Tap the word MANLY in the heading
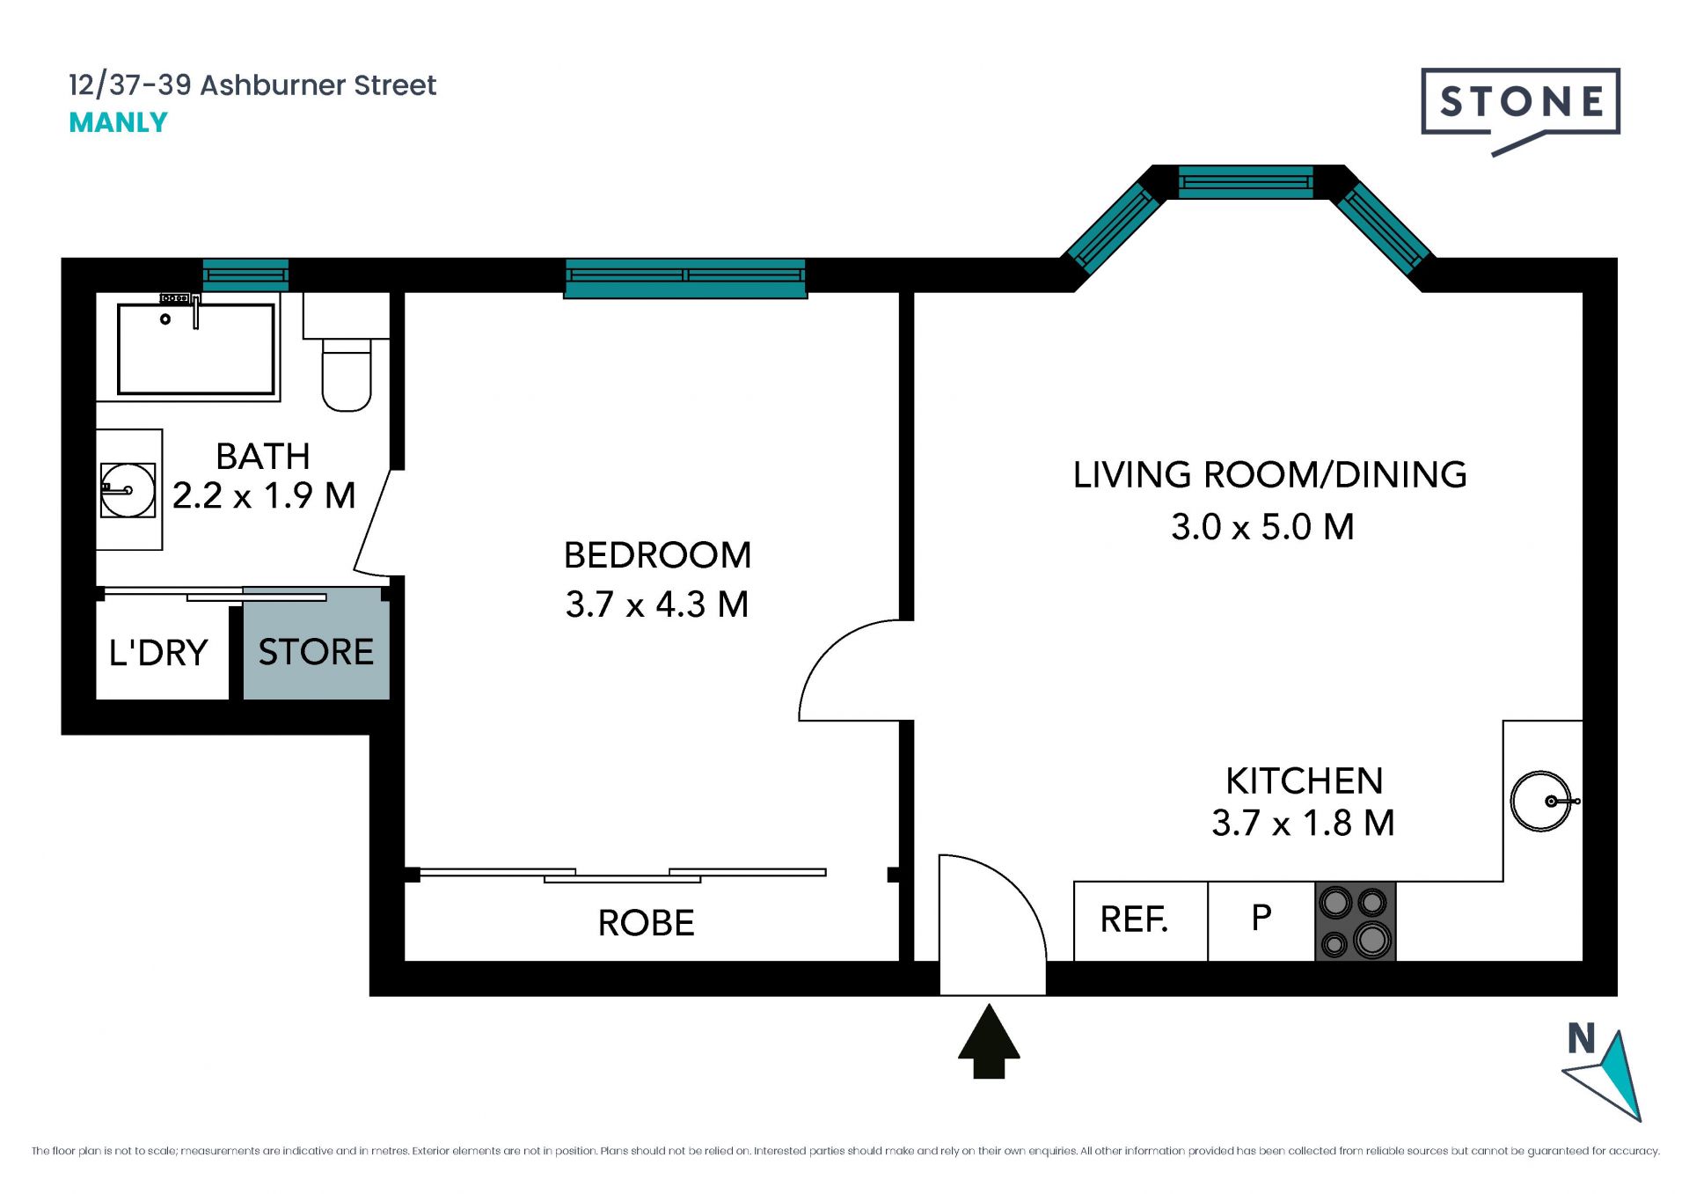[x=118, y=122]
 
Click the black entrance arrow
[x=989, y=1041]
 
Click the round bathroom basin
[x=128, y=490]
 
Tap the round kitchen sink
[x=1541, y=801]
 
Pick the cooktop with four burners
[x=1355, y=920]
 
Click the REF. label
[x=1134, y=919]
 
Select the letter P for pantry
[x=1261, y=918]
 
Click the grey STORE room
[x=317, y=643]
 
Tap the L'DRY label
[x=158, y=653]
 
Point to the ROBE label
[x=647, y=923]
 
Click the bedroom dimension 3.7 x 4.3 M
[x=657, y=604]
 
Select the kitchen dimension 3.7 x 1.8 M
[x=1303, y=824]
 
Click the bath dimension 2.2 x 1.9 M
[x=264, y=495]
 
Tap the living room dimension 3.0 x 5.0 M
[x=1262, y=527]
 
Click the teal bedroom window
[x=685, y=278]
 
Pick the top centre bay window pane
[x=1246, y=182]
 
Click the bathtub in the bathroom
[x=196, y=348]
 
